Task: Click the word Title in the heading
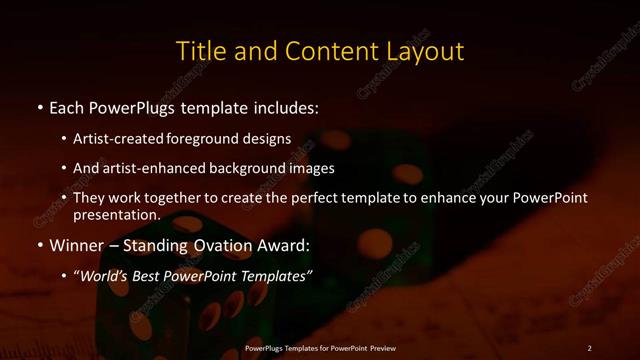199,51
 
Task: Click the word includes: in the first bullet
281,106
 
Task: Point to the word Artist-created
124,139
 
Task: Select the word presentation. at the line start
117,215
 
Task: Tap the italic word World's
105,275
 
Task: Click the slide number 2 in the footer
589,347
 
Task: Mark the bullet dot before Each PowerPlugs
39,107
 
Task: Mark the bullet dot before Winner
39,245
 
